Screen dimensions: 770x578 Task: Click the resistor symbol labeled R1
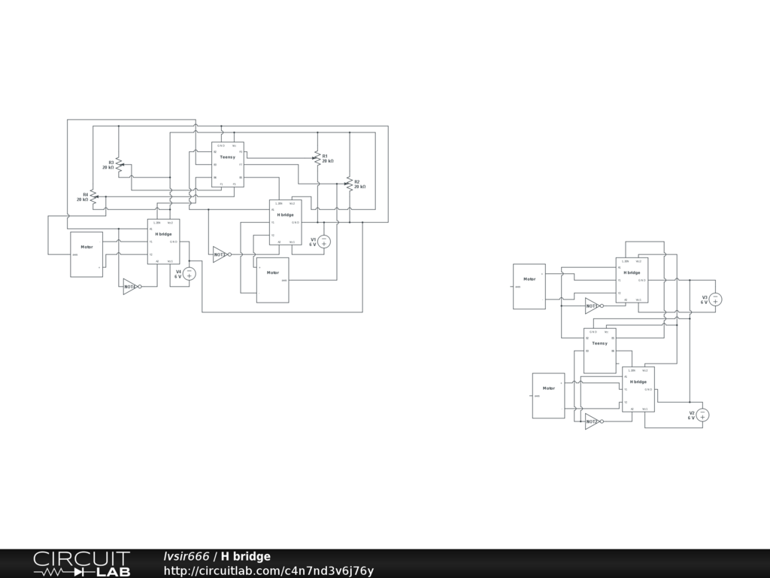pyautogui.click(x=317, y=158)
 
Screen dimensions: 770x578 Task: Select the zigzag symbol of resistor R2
pyautogui.click(x=348, y=184)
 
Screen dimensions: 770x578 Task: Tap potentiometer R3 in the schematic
pyautogui.click(x=119, y=164)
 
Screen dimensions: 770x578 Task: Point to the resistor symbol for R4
pyautogui.click(x=93, y=197)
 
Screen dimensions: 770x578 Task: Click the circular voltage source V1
pyautogui.click(x=324, y=242)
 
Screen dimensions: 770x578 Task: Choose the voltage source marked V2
pyautogui.click(x=703, y=415)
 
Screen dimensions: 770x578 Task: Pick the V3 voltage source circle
pyautogui.click(x=716, y=300)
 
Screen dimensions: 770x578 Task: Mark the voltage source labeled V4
pyautogui.click(x=189, y=274)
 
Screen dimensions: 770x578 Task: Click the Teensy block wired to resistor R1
pyautogui.click(x=227, y=164)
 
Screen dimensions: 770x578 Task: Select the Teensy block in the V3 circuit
pyautogui.click(x=599, y=350)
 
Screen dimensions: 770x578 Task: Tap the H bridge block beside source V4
pyautogui.click(x=163, y=241)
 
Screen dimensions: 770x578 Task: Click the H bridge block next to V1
pyautogui.click(x=285, y=222)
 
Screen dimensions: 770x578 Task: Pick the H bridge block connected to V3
pyautogui.click(x=632, y=280)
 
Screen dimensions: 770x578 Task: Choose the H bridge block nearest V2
pyautogui.click(x=638, y=389)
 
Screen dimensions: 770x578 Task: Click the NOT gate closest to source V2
pyautogui.click(x=593, y=421)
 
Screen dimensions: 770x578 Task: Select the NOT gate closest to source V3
pyautogui.click(x=593, y=306)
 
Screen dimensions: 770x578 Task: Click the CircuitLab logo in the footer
pyautogui.click(x=81, y=563)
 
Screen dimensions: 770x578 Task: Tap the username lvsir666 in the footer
pyautogui.click(x=186, y=557)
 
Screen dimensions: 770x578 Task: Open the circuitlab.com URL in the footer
pyautogui.click(x=268, y=570)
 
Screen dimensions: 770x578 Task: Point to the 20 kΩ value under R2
pyautogui.click(x=359, y=187)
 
